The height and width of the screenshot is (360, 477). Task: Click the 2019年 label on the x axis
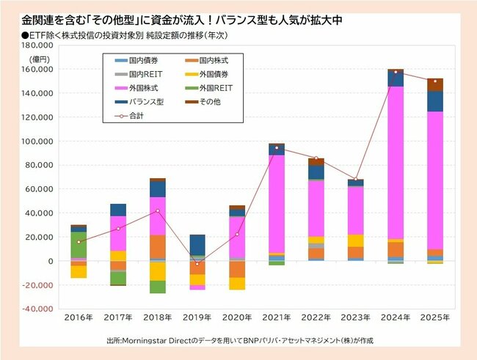(197, 318)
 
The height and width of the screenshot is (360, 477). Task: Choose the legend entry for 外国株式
(139, 89)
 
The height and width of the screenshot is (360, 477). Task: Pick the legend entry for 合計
(136, 115)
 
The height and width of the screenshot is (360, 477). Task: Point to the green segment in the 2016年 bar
(78, 245)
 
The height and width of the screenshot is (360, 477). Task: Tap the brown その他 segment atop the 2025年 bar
(435, 84)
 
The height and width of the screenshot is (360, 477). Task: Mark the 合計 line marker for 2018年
(157, 210)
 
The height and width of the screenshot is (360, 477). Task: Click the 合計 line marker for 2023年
(356, 179)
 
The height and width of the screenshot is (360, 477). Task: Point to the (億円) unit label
(42, 57)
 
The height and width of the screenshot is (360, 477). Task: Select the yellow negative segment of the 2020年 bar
(236, 283)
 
